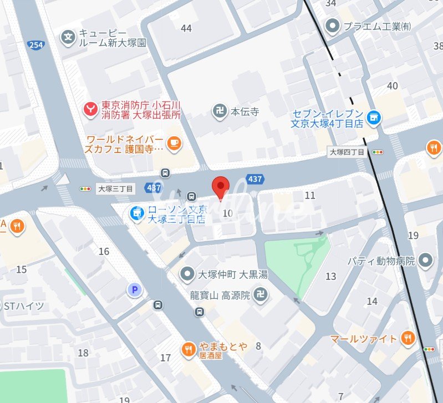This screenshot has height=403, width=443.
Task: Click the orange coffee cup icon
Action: click(174, 142)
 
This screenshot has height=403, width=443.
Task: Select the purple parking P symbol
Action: click(133, 289)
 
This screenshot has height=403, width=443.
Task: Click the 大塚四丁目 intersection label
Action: click(347, 152)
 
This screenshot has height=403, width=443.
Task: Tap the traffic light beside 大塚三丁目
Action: click(86, 189)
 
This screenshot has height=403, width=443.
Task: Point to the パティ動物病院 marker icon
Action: click(425, 259)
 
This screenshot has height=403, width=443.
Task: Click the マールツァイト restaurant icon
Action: click(408, 338)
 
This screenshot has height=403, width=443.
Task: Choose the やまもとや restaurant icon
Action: click(188, 348)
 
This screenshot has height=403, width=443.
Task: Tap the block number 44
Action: click(186, 28)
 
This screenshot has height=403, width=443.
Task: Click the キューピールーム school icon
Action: click(68, 38)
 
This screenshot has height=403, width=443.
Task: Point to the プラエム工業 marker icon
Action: click(332, 25)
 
